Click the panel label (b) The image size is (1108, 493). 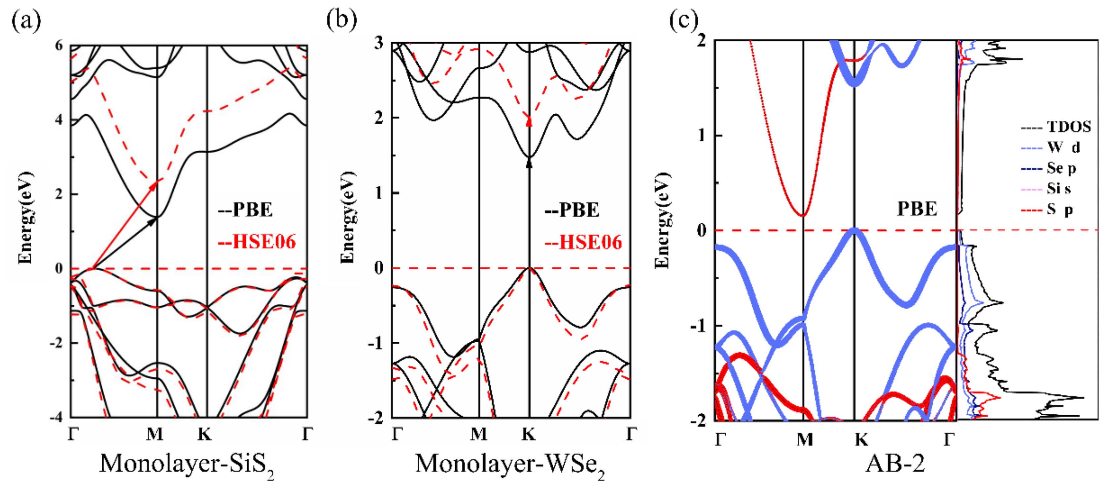(x=341, y=20)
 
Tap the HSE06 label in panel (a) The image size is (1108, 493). (x=257, y=242)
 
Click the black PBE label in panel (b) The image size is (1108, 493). (x=572, y=210)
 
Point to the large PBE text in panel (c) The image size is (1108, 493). (x=917, y=209)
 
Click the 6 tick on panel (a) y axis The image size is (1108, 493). (x=59, y=45)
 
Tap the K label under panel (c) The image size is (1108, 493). (x=861, y=439)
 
